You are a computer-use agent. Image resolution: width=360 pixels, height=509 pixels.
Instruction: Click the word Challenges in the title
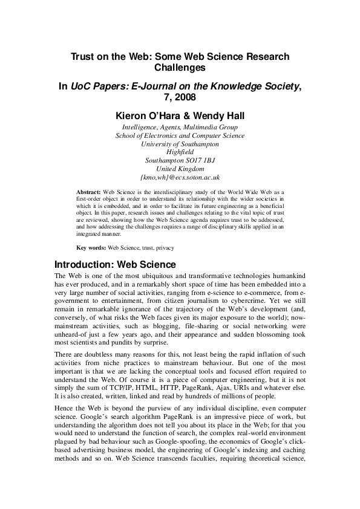pyautogui.click(x=180, y=68)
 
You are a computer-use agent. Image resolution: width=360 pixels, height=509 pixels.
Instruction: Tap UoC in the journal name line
pyautogui.click(x=83, y=86)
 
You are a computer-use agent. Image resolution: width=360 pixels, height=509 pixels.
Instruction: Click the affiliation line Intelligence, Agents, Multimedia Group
pyautogui.click(x=180, y=128)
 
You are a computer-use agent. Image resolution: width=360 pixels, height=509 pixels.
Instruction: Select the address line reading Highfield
pyautogui.click(x=180, y=153)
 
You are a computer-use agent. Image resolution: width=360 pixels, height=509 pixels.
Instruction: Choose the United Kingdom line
pyautogui.click(x=180, y=170)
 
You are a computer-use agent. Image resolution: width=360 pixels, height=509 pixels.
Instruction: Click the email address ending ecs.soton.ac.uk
pyautogui.click(x=180, y=178)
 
